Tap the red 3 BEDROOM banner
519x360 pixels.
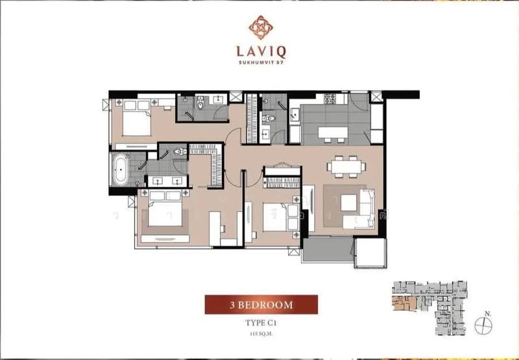tap(261, 304)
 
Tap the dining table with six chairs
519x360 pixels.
tap(344, 167)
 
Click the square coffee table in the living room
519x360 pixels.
tap(349, 203)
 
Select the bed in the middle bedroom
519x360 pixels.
tap(279, 215)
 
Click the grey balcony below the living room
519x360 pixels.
tap(328, 250)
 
